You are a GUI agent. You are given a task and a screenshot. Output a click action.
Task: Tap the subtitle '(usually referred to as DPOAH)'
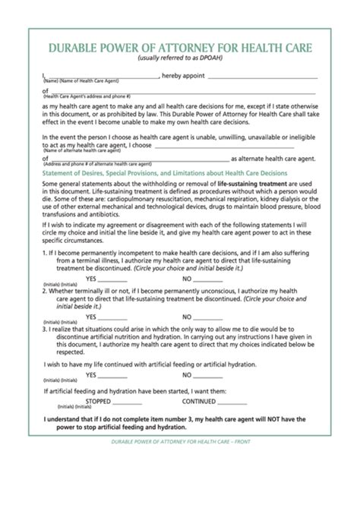pyautogui.click(x=180, y=59)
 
